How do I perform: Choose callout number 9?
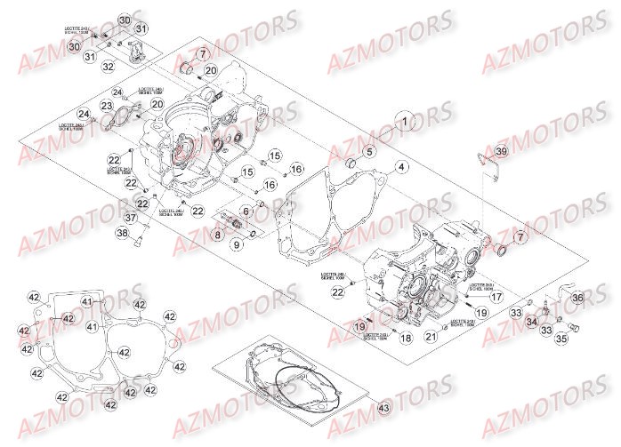coord(238,244)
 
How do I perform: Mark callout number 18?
coord(405,338)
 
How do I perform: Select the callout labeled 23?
coord(107,107)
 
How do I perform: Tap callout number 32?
coord(108,67)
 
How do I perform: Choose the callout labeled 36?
coord(576,299)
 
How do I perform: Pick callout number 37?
coord(130,219)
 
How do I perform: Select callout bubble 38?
coord(122,235)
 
